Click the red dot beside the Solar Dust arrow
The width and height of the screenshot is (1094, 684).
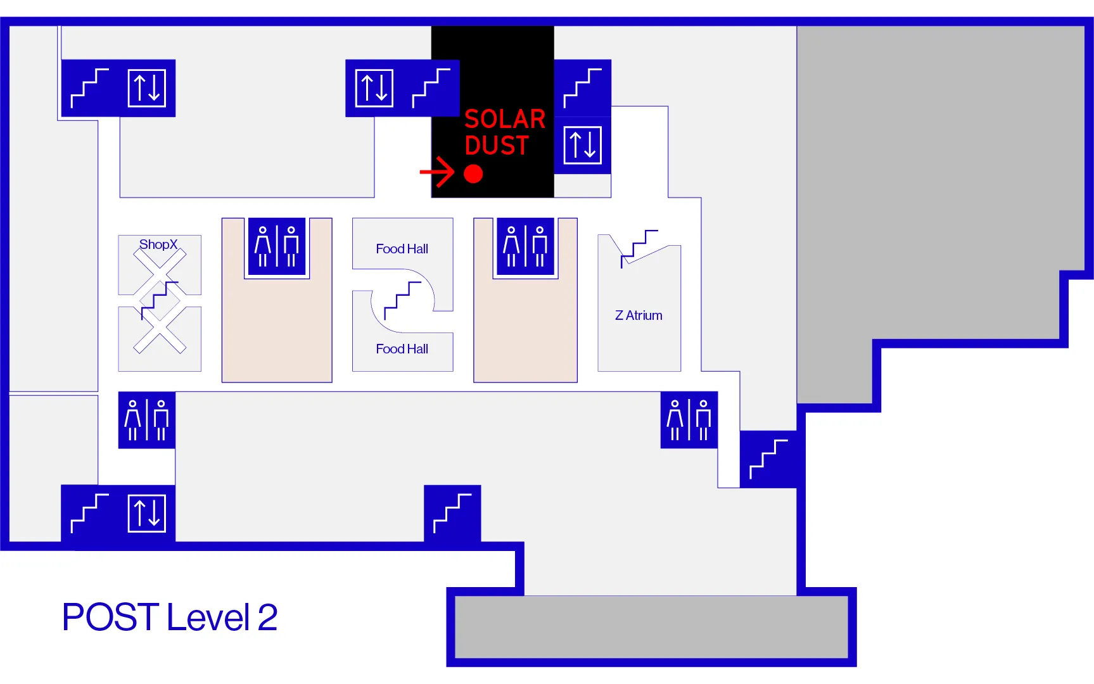tap(473, 174)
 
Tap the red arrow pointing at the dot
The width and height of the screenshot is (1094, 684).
tap(438, 172)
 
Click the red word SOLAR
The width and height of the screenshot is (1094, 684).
tap(505, 119)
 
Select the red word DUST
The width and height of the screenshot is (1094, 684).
tap(497, 146)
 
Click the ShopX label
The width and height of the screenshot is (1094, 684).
tap(158, 244)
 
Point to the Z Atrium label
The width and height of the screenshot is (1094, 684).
tap(639, 315)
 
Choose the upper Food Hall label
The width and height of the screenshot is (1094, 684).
tap(402, 249)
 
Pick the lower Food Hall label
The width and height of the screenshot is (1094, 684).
tap(402, 349)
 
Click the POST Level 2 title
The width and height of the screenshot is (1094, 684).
tap(170, 617)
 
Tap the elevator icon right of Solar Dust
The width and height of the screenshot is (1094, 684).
tap(582, 145)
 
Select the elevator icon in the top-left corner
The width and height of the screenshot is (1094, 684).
tap(147, 88)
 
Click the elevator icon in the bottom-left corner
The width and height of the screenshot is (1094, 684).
tap(147, 513)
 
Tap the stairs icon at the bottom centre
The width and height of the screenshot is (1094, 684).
tap(452, 513)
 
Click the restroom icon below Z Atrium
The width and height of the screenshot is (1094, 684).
tap(689, 420)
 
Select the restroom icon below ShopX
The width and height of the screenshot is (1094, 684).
tap(147, 420)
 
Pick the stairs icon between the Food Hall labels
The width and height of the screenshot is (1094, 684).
tap(402, 300)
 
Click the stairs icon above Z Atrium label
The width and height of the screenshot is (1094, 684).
tap(639, 247)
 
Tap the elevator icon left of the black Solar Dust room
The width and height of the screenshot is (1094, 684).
tap(374, 88)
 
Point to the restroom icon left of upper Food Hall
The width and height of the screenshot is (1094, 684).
tap(277, 246)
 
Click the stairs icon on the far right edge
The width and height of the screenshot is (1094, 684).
tap(768, 459)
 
